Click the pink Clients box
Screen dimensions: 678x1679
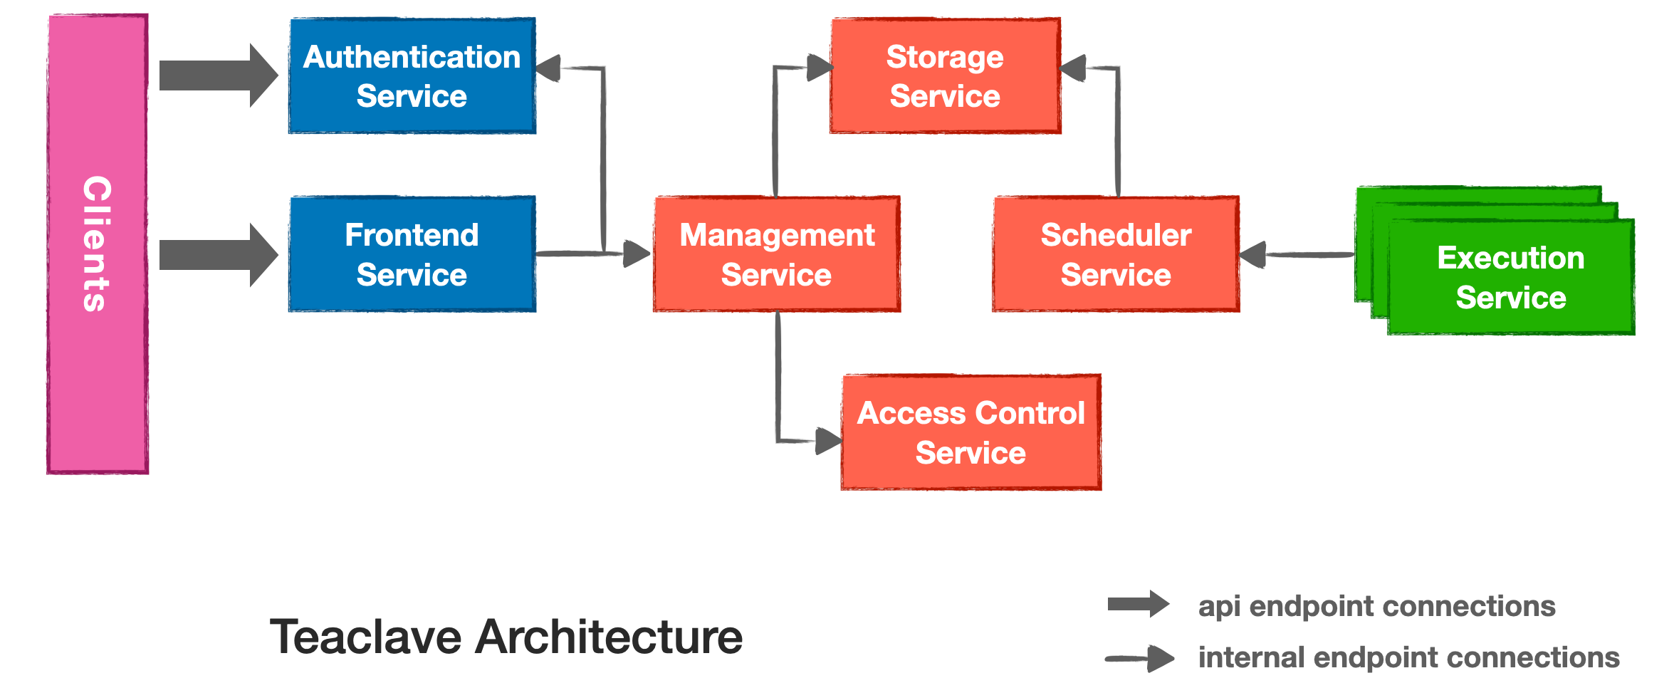(x=98, y=244)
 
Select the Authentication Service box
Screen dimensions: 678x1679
(x=412, y=76)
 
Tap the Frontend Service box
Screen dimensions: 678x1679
(x=412, y=254)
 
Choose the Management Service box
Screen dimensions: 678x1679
(x=777, y=254)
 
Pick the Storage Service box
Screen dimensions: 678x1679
(x=945, y=76)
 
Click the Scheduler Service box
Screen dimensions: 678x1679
(x=1116, y=254)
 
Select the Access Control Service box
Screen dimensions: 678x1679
(x=971, y=432)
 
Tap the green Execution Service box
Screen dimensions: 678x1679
(x=1510, y=277)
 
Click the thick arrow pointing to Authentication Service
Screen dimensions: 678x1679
(x=217, y=75)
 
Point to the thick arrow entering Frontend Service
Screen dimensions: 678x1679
(x=217, y=254)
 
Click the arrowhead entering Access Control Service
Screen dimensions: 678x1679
(x=828, y=441)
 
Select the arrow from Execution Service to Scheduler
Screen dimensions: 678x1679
(x=1296, y=254)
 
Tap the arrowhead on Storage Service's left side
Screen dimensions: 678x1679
(x=820, y=68)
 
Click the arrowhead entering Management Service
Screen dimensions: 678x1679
(x=636, y=254)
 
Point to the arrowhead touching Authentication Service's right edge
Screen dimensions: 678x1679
(x=548, y=69)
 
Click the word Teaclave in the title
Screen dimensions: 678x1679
(x=365, y=637)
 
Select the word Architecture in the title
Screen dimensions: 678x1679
(x=609, y=637)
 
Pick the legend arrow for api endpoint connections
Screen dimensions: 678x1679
(x=1138, y=605)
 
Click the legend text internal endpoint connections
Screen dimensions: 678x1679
(x=1408, y=657)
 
